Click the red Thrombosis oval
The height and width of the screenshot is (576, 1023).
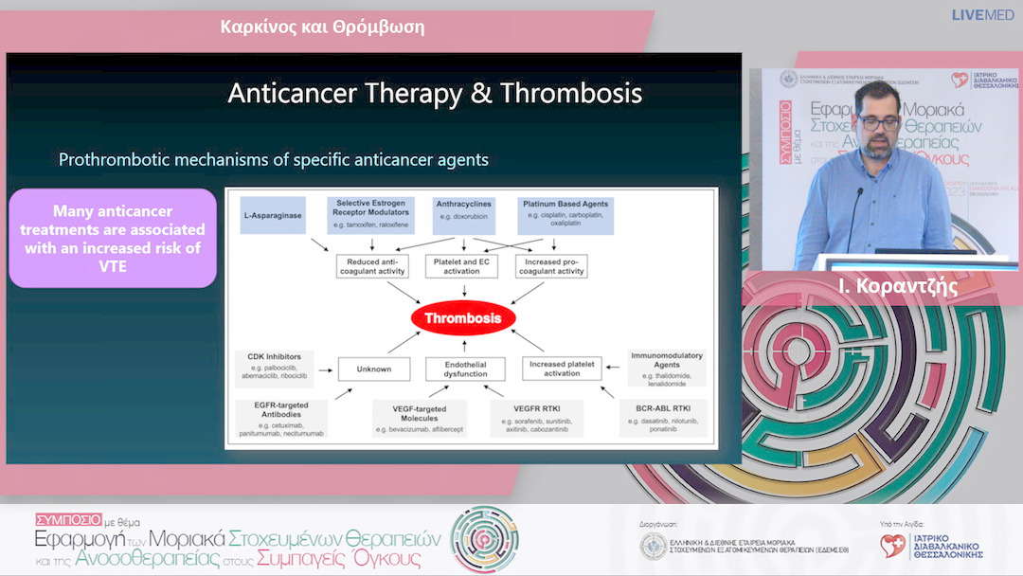pos(462,318)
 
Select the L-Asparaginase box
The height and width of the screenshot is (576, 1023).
pos(273,215)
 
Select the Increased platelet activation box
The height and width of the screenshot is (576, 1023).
pos(562,369)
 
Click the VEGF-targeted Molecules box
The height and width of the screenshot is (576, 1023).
pos(419,418)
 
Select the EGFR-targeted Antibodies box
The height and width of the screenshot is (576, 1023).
pos(281,418)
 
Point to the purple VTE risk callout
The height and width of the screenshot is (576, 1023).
pos(113,239)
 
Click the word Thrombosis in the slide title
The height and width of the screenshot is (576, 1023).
pos(571,93)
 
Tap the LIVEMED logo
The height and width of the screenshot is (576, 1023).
pos(983,15)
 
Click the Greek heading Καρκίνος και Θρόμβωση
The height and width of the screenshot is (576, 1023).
pos(322,27)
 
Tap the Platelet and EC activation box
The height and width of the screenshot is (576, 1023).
pos(461,265)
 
